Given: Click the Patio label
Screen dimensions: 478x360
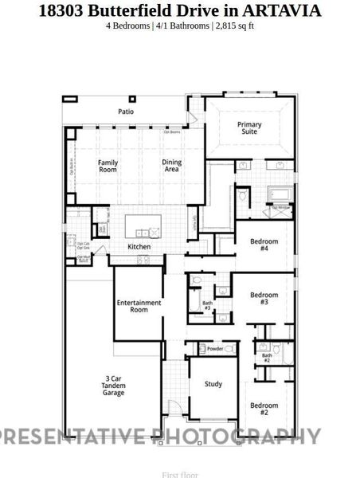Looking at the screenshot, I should [x=126, y=112].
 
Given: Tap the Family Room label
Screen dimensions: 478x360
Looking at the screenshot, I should [x=108, y=166].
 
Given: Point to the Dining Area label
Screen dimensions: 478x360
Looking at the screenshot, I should [x=171, y=166].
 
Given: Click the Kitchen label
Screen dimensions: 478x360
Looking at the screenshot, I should [x=139, y=247].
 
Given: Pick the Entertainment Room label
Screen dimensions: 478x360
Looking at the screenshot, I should [x=139, y=306].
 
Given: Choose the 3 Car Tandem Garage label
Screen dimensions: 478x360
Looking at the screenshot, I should [x=114, y=386].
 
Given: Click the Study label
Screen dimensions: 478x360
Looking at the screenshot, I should [x=213, y=384].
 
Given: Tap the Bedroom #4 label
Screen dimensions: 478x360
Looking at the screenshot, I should [x=264, y=244].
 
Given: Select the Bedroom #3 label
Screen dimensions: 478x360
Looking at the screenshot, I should [x=264, y=298].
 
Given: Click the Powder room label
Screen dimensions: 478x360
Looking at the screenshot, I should [x=215, y=349].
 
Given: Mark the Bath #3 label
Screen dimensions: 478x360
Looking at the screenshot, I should [x=207, y=305].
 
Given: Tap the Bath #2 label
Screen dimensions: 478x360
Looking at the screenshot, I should [x=267, y=358].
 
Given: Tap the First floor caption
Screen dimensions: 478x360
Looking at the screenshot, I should [x=180, y=474].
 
